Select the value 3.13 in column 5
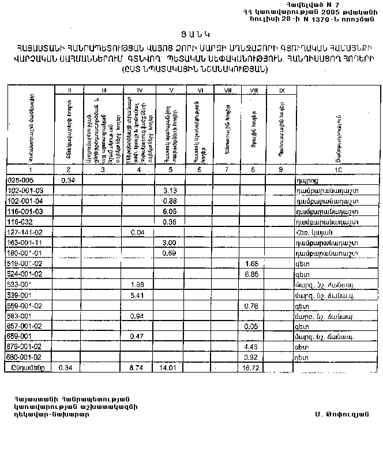169,190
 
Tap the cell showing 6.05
169,211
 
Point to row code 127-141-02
25,232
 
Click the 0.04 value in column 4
137,232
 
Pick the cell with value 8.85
250,274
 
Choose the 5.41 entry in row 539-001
137,295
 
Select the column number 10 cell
338,170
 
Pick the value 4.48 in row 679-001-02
250,347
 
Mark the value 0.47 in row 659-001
137,337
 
